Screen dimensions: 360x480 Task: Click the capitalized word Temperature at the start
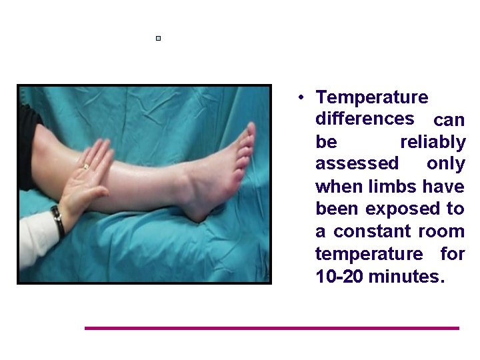[x=372, y=97]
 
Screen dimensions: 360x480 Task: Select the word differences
[x=365, y=119]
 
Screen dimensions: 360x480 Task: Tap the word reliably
[x=432, y=142]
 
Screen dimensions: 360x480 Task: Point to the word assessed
[x=357, y=164]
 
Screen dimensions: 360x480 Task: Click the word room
[x=442, y=232]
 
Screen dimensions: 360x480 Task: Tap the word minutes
[x=406, y=277]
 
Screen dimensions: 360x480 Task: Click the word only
[x=446, y=164]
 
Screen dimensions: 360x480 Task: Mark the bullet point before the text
[x=302, y=98]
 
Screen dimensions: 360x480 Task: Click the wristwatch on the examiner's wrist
[x=58, y=221]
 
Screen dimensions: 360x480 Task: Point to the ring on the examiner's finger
[x=85, y=166]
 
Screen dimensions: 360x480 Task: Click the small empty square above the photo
[x=158, y=39]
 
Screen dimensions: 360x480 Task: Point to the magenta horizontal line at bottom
[x=272, y=328]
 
